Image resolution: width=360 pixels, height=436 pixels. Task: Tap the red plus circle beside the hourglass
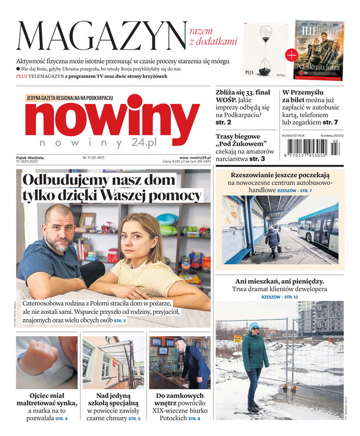point(291,54)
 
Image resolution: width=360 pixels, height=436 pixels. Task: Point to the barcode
point(308,147)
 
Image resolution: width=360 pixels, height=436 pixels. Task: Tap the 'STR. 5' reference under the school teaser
point(134,419)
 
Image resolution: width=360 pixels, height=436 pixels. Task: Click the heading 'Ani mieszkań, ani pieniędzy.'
point(279,281)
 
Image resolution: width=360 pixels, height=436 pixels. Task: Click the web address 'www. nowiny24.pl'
point(195,157)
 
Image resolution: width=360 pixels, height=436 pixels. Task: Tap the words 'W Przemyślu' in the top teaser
point(303,93)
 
